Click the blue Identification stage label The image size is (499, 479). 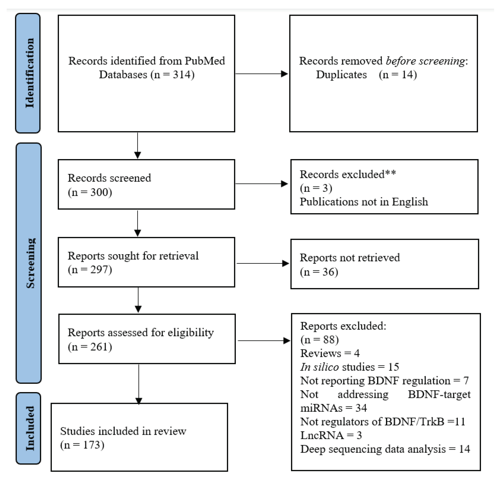click(x=28, y=73)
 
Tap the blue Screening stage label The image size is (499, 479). click(x=29, y=263)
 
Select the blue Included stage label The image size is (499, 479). click(x=29, y=428)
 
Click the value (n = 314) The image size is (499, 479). click(x=172, y=75)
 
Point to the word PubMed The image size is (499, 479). click(x=205, y=61)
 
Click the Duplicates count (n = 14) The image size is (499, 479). click(x=398, y=75)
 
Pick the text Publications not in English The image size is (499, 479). click(x=364, y=202)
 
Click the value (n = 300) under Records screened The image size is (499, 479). click(x=90, y=192)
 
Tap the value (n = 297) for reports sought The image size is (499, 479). click(x=90, y=270)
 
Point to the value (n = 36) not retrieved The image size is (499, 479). click(x=319, y=272)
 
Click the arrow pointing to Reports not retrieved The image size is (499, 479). click(x=262, y=263)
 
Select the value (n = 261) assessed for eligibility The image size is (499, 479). click(x=90, y=347)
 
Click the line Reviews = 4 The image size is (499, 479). click(x=330, y=353)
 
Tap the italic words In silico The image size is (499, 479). click(x=319, y=367)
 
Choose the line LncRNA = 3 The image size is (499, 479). click(x=331, y=435)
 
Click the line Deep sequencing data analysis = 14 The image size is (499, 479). click(x=385, y=449)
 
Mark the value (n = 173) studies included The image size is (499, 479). click(x=82, y=445)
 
